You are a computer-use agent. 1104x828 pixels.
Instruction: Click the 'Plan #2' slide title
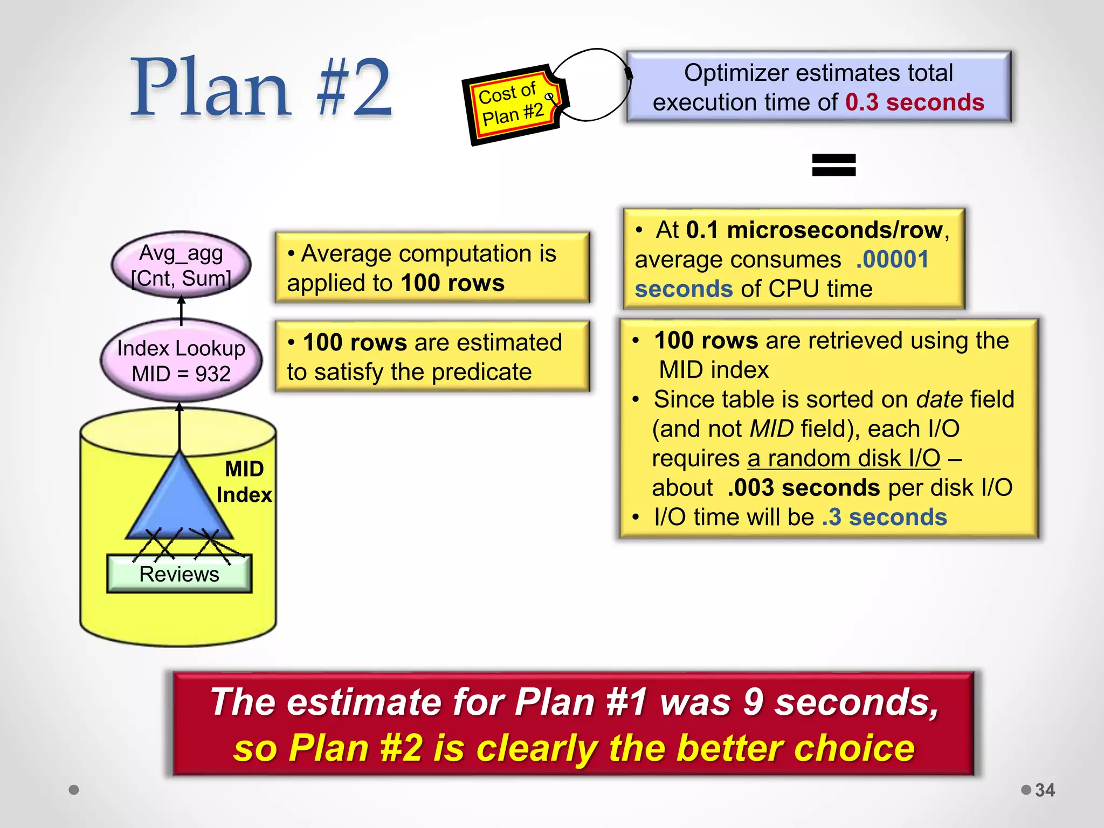click(x=262, y=87)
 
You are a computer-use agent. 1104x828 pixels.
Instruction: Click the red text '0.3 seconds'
click(x=914, y=102)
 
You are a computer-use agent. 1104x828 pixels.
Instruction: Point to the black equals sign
click(x=833, y=165)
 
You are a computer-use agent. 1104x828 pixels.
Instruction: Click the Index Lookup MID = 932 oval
click(x=181, y=361)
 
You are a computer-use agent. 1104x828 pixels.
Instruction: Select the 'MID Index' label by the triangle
click(x=244, y=481)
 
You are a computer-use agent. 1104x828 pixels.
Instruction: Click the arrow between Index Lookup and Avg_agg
click(x=182, y=310)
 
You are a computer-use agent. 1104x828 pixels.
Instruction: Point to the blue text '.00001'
click(x=892, y=259)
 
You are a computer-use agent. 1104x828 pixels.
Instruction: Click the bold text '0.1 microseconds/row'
click(x=814, y=230)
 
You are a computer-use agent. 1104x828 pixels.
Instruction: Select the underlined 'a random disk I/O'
click(x=844, y=458)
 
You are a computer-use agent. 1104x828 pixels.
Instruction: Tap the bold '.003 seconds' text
click(x=803, y=488)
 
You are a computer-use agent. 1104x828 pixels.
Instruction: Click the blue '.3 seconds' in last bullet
click(x=884, y=517)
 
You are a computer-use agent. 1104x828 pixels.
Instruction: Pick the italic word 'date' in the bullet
click(x=940, y=399)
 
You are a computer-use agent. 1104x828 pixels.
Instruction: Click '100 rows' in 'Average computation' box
click(x=452, y=283)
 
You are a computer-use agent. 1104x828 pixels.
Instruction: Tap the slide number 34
click(x=1045, y=790)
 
